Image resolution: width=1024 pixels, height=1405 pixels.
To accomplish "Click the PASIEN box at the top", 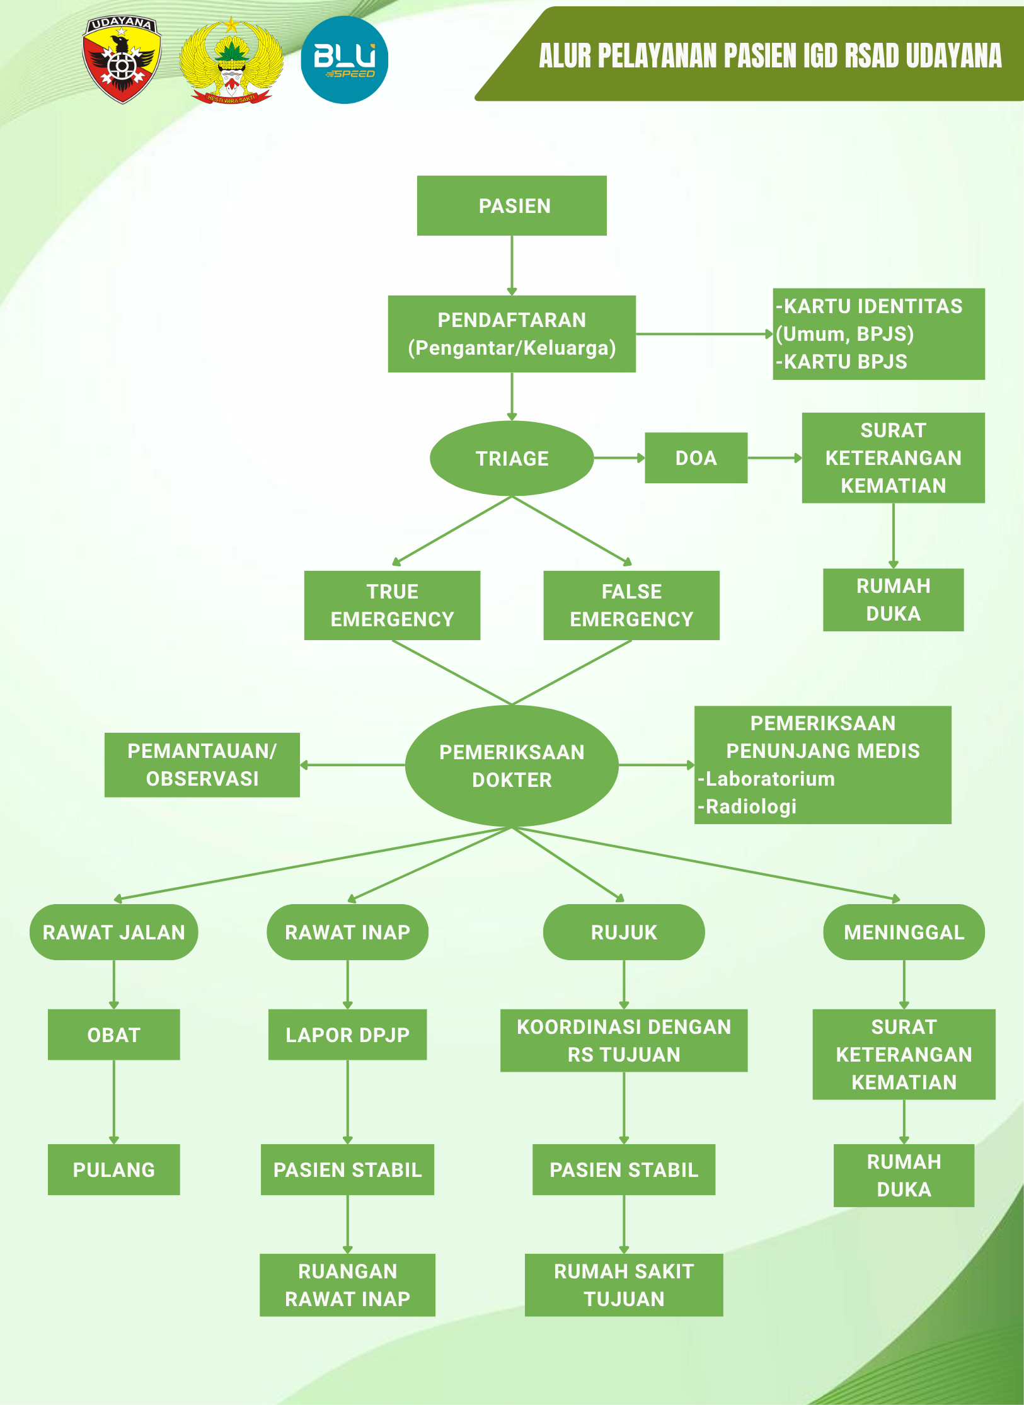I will [x=512, y=205].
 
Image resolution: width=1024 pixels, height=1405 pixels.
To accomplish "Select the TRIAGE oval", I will [x=512, y=458].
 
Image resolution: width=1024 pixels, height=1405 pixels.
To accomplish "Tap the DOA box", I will [x=696, y=458].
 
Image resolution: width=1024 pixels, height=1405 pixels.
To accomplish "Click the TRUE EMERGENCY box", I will [x=392, y=605].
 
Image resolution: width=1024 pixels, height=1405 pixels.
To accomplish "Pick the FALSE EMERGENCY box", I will [x=631, y=605].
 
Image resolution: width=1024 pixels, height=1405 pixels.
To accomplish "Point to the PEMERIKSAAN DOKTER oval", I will [x=512, y=766].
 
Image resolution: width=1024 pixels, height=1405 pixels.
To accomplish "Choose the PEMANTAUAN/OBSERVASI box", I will [x=202, y=765].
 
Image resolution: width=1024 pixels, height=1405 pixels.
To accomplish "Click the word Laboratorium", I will [x=770, y=779].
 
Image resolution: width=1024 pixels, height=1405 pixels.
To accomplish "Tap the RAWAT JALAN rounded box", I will [x=113, y=932].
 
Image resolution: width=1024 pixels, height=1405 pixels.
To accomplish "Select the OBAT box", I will [x=113, y=1035].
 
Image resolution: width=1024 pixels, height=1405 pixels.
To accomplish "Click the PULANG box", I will [x=113, y=1169].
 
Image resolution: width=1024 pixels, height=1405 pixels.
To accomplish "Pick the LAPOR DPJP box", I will [x=347, y=1035].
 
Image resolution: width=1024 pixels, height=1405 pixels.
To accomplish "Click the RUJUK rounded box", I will [x=624, y=932].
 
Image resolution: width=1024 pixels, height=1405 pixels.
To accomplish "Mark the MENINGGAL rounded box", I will [x=904, y=932].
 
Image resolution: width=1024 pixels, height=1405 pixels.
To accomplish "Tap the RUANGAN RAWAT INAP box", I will [x=347, y=1285].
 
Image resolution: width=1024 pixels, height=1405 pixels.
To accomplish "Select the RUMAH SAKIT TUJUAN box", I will [x=624, y=1285].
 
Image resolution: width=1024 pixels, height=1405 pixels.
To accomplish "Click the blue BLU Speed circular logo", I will [x=344, y=60].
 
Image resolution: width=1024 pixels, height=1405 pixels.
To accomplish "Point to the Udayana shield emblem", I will [x=122, y=60].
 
